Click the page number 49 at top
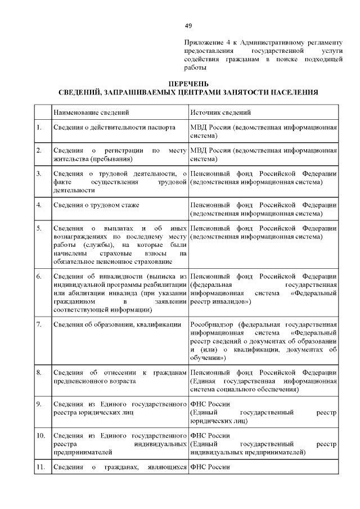click(x=188, y=26)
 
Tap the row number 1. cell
click(x=39, y=128)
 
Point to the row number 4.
click(x=39, y=205)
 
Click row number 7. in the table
click(x=39, y=325)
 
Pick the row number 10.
click(x=40, y=435)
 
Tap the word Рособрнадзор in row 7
click(x=213, y=325)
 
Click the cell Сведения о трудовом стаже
click(x=96, y=205)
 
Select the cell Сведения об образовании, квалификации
click(x=116, y=325)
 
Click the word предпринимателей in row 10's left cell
click(x=82, y=452)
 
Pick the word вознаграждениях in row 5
click(x=80, y=237)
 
